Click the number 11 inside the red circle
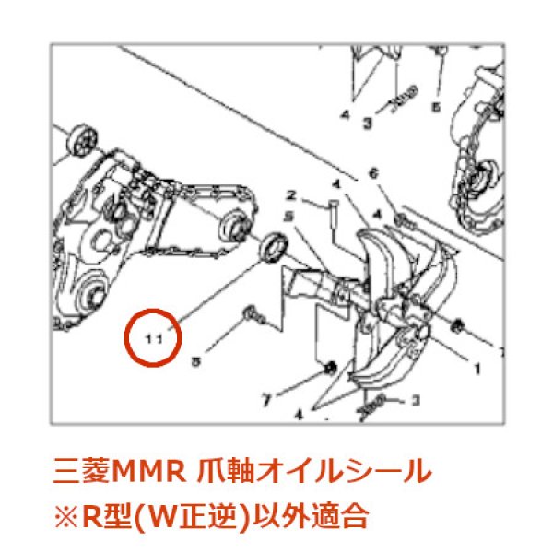coord(155,338)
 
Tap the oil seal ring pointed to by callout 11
coord(275,247)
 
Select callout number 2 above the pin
coord(290,196)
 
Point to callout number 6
coord(373,173)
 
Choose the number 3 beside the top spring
coord(366,121)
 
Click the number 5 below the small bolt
coord(195,362)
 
